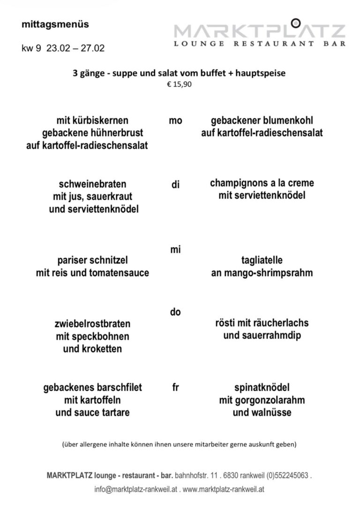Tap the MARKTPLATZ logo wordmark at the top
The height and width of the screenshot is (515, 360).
pos(260,32)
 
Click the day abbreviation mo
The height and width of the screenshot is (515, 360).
pos(175,121)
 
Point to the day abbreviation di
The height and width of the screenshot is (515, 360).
pos(175,184)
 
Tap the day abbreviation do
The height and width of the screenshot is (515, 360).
pos(175,312)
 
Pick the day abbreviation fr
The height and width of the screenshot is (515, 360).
pos(175,388)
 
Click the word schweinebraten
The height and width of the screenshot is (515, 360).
pos(93,184)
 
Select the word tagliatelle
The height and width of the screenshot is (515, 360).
pos(262,260)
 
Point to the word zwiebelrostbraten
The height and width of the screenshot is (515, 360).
pos(92,324)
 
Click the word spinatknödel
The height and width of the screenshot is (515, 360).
pos(262,388)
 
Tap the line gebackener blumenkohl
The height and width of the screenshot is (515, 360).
pos(262,121)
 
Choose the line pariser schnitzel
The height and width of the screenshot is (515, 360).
pos(92,260)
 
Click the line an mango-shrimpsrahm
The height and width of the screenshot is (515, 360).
pos(262,273)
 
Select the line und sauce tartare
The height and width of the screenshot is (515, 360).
pos(92,413)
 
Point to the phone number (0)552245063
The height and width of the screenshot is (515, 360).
pos(280,475)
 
